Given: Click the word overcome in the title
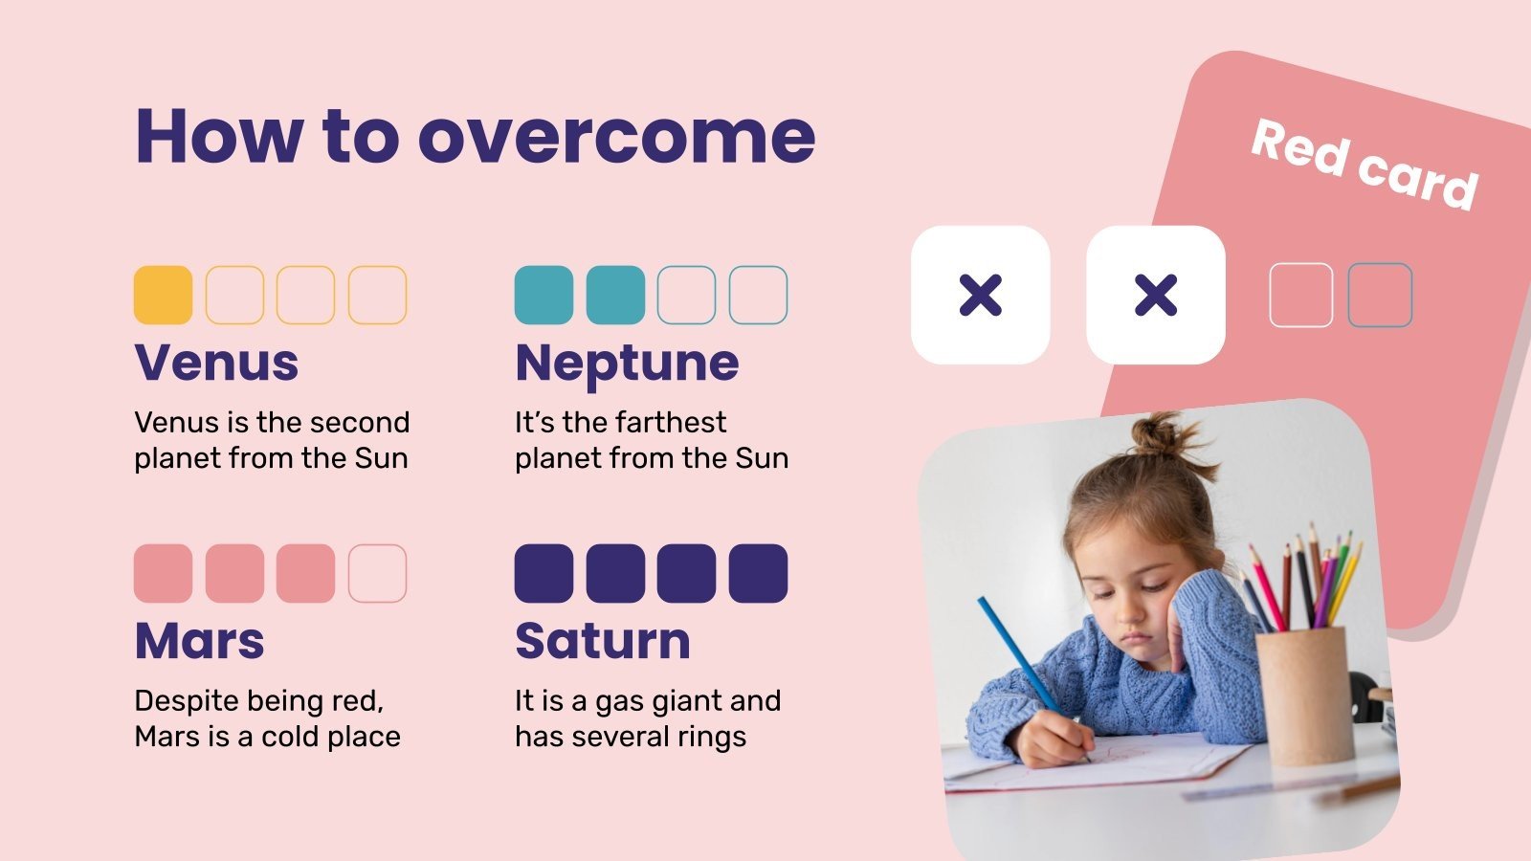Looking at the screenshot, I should click(616, 136).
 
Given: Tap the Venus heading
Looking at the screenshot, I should click(216, 363).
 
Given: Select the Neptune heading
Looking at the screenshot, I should click(627, 363).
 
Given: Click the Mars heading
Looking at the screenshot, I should click(199, 641).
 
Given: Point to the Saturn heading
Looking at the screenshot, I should click(602, 641).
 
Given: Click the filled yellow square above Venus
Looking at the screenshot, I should click(163, 295).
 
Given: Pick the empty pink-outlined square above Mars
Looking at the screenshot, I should click(377, 573).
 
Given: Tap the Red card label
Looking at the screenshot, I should click(1365, 164).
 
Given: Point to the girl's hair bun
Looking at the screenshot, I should click(1159, 435).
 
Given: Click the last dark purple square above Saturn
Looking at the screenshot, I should click(758, 573).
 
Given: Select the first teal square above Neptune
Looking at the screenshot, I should click(544, 295).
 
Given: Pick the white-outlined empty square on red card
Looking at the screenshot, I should click(1300, 295).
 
